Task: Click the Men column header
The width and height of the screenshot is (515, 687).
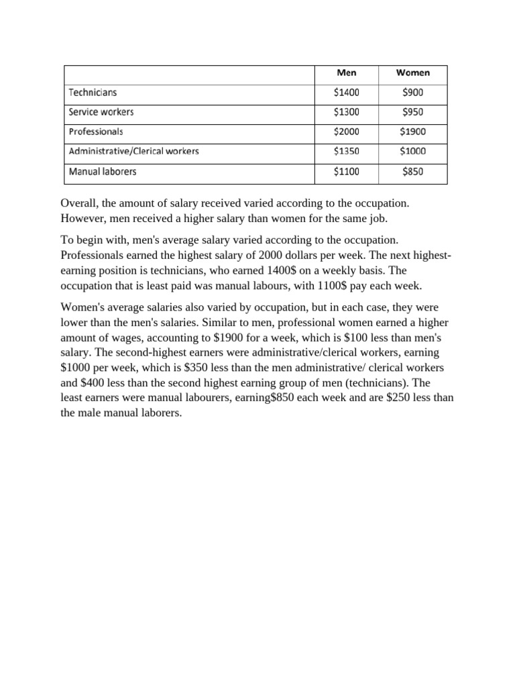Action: pos(346,73)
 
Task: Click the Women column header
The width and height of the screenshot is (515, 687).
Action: pos(412,73)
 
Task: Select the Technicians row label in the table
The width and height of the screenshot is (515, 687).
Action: pos(93,93)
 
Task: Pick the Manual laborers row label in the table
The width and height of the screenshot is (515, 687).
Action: pos(103,172)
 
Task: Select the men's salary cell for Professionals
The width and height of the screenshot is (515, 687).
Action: pos(346,132)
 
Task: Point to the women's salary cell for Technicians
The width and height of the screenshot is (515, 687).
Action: pos(412,93)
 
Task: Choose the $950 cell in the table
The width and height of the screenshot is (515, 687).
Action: pos(412,112)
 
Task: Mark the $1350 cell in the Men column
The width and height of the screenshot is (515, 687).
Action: pos(346,152)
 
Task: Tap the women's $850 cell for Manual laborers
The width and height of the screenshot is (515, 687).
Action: pos(412,172)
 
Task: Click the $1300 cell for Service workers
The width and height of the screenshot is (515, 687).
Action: pos(346,112)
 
